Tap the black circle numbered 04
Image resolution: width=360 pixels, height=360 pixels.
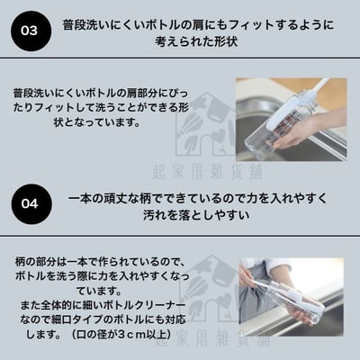click(30, 203)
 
